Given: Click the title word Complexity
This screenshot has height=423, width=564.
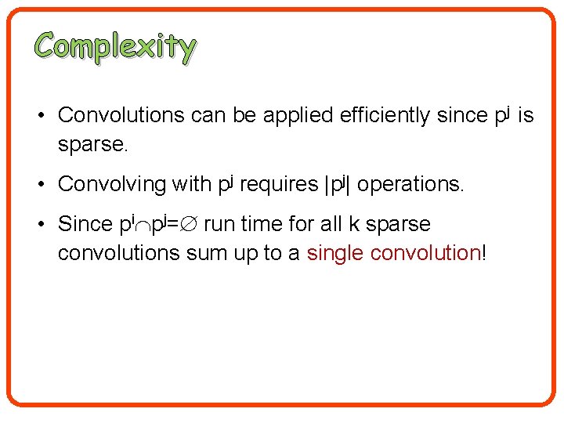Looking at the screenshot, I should [115, 47].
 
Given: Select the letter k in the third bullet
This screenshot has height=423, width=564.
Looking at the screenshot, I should [354, 224].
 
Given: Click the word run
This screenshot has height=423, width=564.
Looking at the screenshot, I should [218, 225].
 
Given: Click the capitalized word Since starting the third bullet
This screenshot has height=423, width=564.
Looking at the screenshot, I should [85, 224].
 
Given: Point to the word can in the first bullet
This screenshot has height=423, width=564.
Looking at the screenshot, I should [208, 116].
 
